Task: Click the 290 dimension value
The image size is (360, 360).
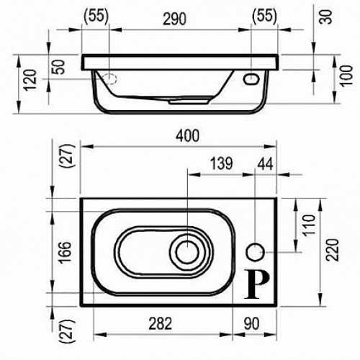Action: point(174,19)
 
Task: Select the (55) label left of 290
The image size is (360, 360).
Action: point(96,17)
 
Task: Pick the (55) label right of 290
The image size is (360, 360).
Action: point(264,17)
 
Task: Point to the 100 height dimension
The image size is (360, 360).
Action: point(346,76)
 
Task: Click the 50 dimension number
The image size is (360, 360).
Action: point(58,67)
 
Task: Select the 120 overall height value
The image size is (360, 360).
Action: point(30,80)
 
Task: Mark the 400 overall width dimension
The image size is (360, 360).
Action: point(187,135)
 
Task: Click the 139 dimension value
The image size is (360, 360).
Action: point(221,163)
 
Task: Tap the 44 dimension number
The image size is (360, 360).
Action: point(265,165)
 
